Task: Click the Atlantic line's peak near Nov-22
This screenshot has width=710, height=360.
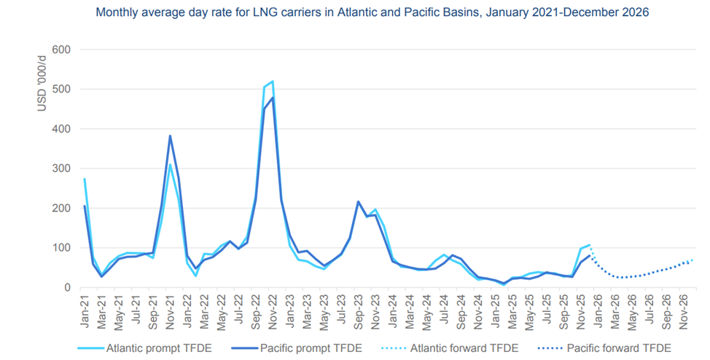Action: click(x=273, y=82)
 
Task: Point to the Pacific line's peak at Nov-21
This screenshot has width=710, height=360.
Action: click(x=170, y=136)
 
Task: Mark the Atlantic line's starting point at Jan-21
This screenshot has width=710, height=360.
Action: click(x=85, y=179)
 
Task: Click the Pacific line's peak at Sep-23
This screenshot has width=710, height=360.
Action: click(x=358, y=202)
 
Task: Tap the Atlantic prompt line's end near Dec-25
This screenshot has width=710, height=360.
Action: click(x=589, y=246)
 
